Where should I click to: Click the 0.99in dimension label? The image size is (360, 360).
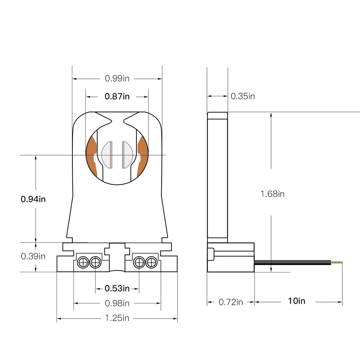[x=117, y=78]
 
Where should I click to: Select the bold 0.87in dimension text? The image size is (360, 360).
[x=117, y=96]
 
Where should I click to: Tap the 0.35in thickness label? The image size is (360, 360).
[x=243, y=96]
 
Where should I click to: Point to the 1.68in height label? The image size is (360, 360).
[x=272, y=194]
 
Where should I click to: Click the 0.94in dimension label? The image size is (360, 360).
[x=33, y=199]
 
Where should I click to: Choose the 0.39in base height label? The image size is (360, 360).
[x=33, y=256]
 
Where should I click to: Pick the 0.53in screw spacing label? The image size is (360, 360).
[x=117, y=288]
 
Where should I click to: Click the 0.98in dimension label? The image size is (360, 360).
[x=117, y=303]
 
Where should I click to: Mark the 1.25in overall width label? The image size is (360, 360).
[x=117, y=318]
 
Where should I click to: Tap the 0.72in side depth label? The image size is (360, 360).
[x=231, y=302]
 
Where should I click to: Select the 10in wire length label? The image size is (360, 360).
[x=297, y=301]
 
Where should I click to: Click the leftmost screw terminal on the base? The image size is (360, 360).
[x=83, y=262]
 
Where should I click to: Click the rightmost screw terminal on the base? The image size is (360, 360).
[x=152, y=262]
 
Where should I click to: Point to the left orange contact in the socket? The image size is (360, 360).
[x=92, y=157]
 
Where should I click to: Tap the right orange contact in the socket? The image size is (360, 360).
[x=142, y=157]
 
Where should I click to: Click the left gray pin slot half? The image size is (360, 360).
[x=107, y=155]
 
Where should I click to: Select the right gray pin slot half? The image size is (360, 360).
[x=127, y=155]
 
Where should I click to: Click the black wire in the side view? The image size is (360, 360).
[x=292, y=262]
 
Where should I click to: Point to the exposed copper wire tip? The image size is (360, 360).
[x=337, y=262]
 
